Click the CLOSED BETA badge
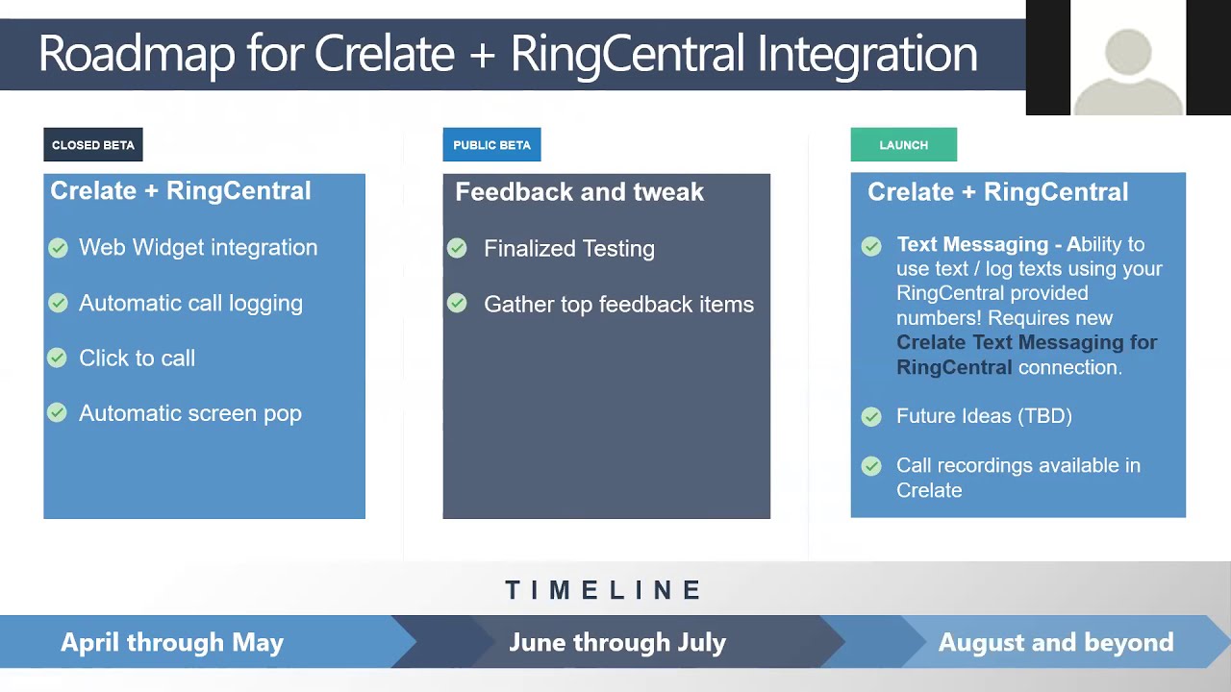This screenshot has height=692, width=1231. [x=92, y=145]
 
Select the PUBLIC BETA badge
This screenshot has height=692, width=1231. [x=491, y=145]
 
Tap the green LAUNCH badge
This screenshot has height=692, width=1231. [x=903, y=145]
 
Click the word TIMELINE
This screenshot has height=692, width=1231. [x=605, y=590]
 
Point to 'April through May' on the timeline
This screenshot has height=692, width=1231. [x=172, y=642]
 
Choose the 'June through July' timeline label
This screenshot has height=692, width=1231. [x=617, y=642]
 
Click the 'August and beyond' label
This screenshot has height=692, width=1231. [x=1055, y=642]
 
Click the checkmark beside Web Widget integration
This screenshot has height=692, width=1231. [x=58, y=248]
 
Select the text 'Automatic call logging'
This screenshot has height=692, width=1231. [x=190, y=303]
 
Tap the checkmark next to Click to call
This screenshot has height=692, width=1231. [x=58, y=358]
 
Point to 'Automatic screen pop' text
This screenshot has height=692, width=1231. [x=190, y=413]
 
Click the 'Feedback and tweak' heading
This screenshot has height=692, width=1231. [x=579, y=192]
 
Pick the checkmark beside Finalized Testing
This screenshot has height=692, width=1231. [x=457, y=249]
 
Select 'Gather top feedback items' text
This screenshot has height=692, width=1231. [x=618, y=305]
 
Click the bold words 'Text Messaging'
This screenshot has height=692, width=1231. [x=971, y=244]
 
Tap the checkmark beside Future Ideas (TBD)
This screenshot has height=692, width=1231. [x=871, y=416]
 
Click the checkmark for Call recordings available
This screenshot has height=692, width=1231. [x=871, y=466]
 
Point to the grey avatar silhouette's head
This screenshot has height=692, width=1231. [x=1127, y=53]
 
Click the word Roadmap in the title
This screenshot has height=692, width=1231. [x=136, y=54]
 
